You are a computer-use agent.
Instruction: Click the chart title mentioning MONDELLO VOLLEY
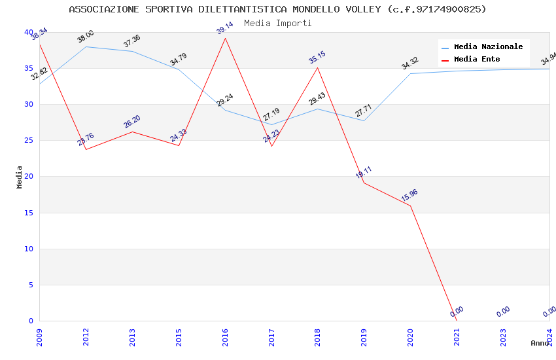click(277, 9)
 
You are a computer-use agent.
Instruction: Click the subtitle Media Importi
click(277, 23)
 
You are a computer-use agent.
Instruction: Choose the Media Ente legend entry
click(477, 60)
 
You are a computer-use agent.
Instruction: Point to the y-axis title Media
click(20, 177)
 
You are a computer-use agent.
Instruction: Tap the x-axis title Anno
click(540, 343)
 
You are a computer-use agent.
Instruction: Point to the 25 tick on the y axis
click(29, 141)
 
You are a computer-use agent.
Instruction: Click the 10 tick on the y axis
click(29, 249)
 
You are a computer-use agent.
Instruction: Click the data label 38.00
click(86, 37)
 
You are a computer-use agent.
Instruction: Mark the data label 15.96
click(409, 195)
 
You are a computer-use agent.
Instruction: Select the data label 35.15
click(317, 57)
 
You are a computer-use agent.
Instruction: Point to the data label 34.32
click(410, 63)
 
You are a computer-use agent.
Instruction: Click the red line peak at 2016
click(226, 38)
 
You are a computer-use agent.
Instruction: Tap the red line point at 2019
click(364, 183)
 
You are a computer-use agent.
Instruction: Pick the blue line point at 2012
click(86, 46)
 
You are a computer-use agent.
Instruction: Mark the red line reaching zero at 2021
click(457, 321)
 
